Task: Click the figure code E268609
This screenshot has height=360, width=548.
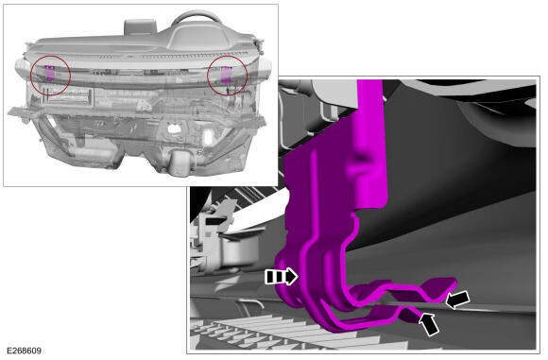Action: click(x=24, y=351)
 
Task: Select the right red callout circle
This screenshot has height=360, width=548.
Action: click(x=208, y=76)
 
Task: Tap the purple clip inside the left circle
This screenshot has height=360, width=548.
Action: click(x=50, y=73)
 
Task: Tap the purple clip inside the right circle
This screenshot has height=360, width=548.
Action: click(x=226, y=75)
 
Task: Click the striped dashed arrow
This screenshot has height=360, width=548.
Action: click(x=282, y=277)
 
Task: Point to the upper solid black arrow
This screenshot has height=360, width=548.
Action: click(x=458, y=300)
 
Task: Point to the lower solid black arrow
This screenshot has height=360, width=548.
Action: click(x=429, y=324)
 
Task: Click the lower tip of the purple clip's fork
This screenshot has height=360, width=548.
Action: click(x=418, y=315)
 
